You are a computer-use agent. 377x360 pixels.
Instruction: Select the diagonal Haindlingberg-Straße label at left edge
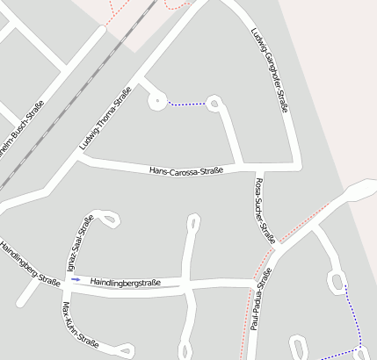(30, 264)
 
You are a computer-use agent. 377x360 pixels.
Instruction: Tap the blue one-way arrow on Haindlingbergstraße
(76, 279)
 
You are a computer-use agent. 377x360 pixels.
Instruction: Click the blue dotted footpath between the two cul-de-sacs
(185, 104)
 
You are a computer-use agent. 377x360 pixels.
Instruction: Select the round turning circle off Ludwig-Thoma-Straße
(157, 101)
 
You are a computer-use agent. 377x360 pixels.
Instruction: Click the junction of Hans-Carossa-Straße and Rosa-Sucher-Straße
(258, 168)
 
